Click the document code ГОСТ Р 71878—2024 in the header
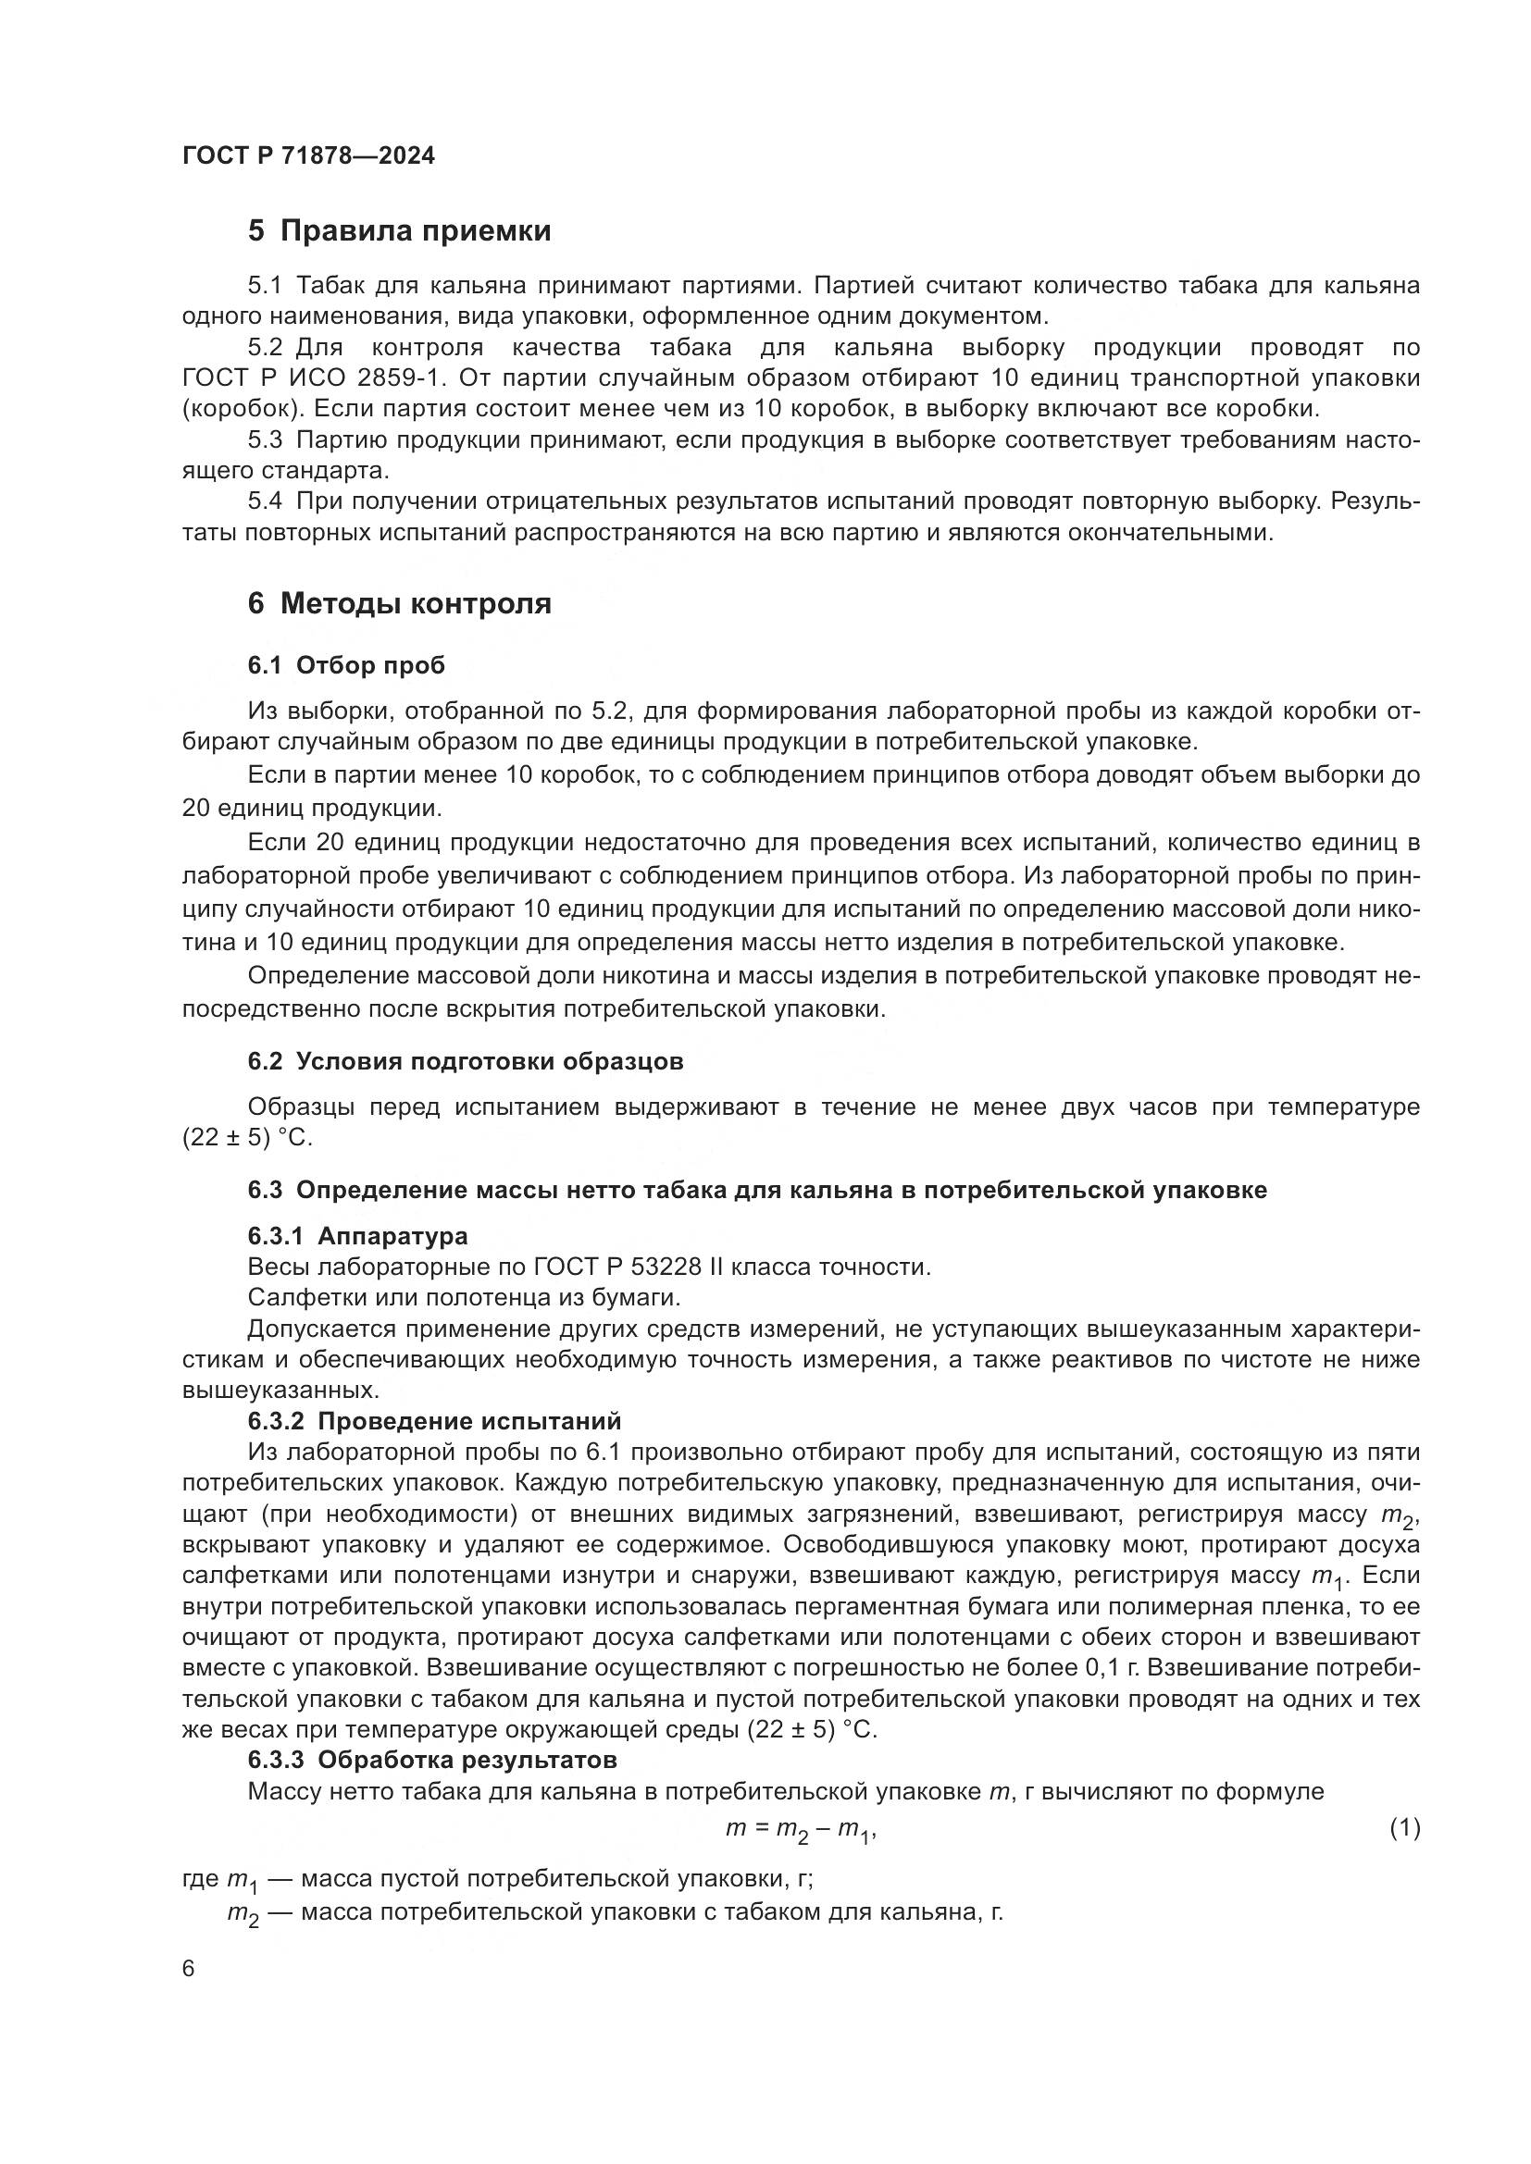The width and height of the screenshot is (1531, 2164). coord(308,156)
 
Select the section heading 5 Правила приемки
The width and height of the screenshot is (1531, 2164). coord(399,231)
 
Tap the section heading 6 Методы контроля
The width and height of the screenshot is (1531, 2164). coord(399,603)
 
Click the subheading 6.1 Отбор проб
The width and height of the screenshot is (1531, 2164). coord(346,665)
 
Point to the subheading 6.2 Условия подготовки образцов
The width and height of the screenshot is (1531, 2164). coord(465,1061)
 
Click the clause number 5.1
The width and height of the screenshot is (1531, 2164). coord(265,286)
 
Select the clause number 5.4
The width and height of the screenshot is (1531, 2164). coord(265,501)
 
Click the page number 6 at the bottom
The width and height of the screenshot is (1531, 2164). coord(189,1969)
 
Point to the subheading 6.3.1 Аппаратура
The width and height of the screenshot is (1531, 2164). coord(357,1236)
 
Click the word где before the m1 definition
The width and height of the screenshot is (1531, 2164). coord(200,1879)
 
